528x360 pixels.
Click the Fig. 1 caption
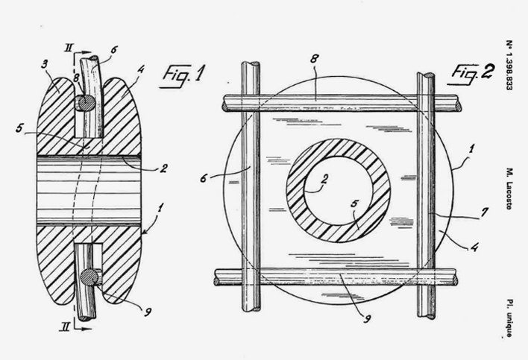[183, 75]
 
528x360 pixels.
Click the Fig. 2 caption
[471, 73]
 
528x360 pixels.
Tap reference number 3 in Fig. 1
[45, 64]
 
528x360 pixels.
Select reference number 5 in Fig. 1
[20, 128]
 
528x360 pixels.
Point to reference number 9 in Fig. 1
[148, 312]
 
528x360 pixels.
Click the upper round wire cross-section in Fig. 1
[85, 103]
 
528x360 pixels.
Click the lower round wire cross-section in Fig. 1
[89, 277]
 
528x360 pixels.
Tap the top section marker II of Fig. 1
[69, 48]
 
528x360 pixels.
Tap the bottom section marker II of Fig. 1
[65, 326]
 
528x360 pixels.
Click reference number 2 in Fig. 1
[163, 168]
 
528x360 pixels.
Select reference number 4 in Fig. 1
[141, 69]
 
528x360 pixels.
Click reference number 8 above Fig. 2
[314, 59]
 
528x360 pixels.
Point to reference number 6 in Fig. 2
[203, 178]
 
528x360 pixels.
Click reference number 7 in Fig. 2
[484, 212]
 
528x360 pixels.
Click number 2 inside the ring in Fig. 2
[324, 179]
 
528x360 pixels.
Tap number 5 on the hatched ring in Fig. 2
[354, 204]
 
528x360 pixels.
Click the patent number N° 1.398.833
[509, 66]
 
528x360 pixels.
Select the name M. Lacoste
[509, 189]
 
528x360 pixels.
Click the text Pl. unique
[509, 318]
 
